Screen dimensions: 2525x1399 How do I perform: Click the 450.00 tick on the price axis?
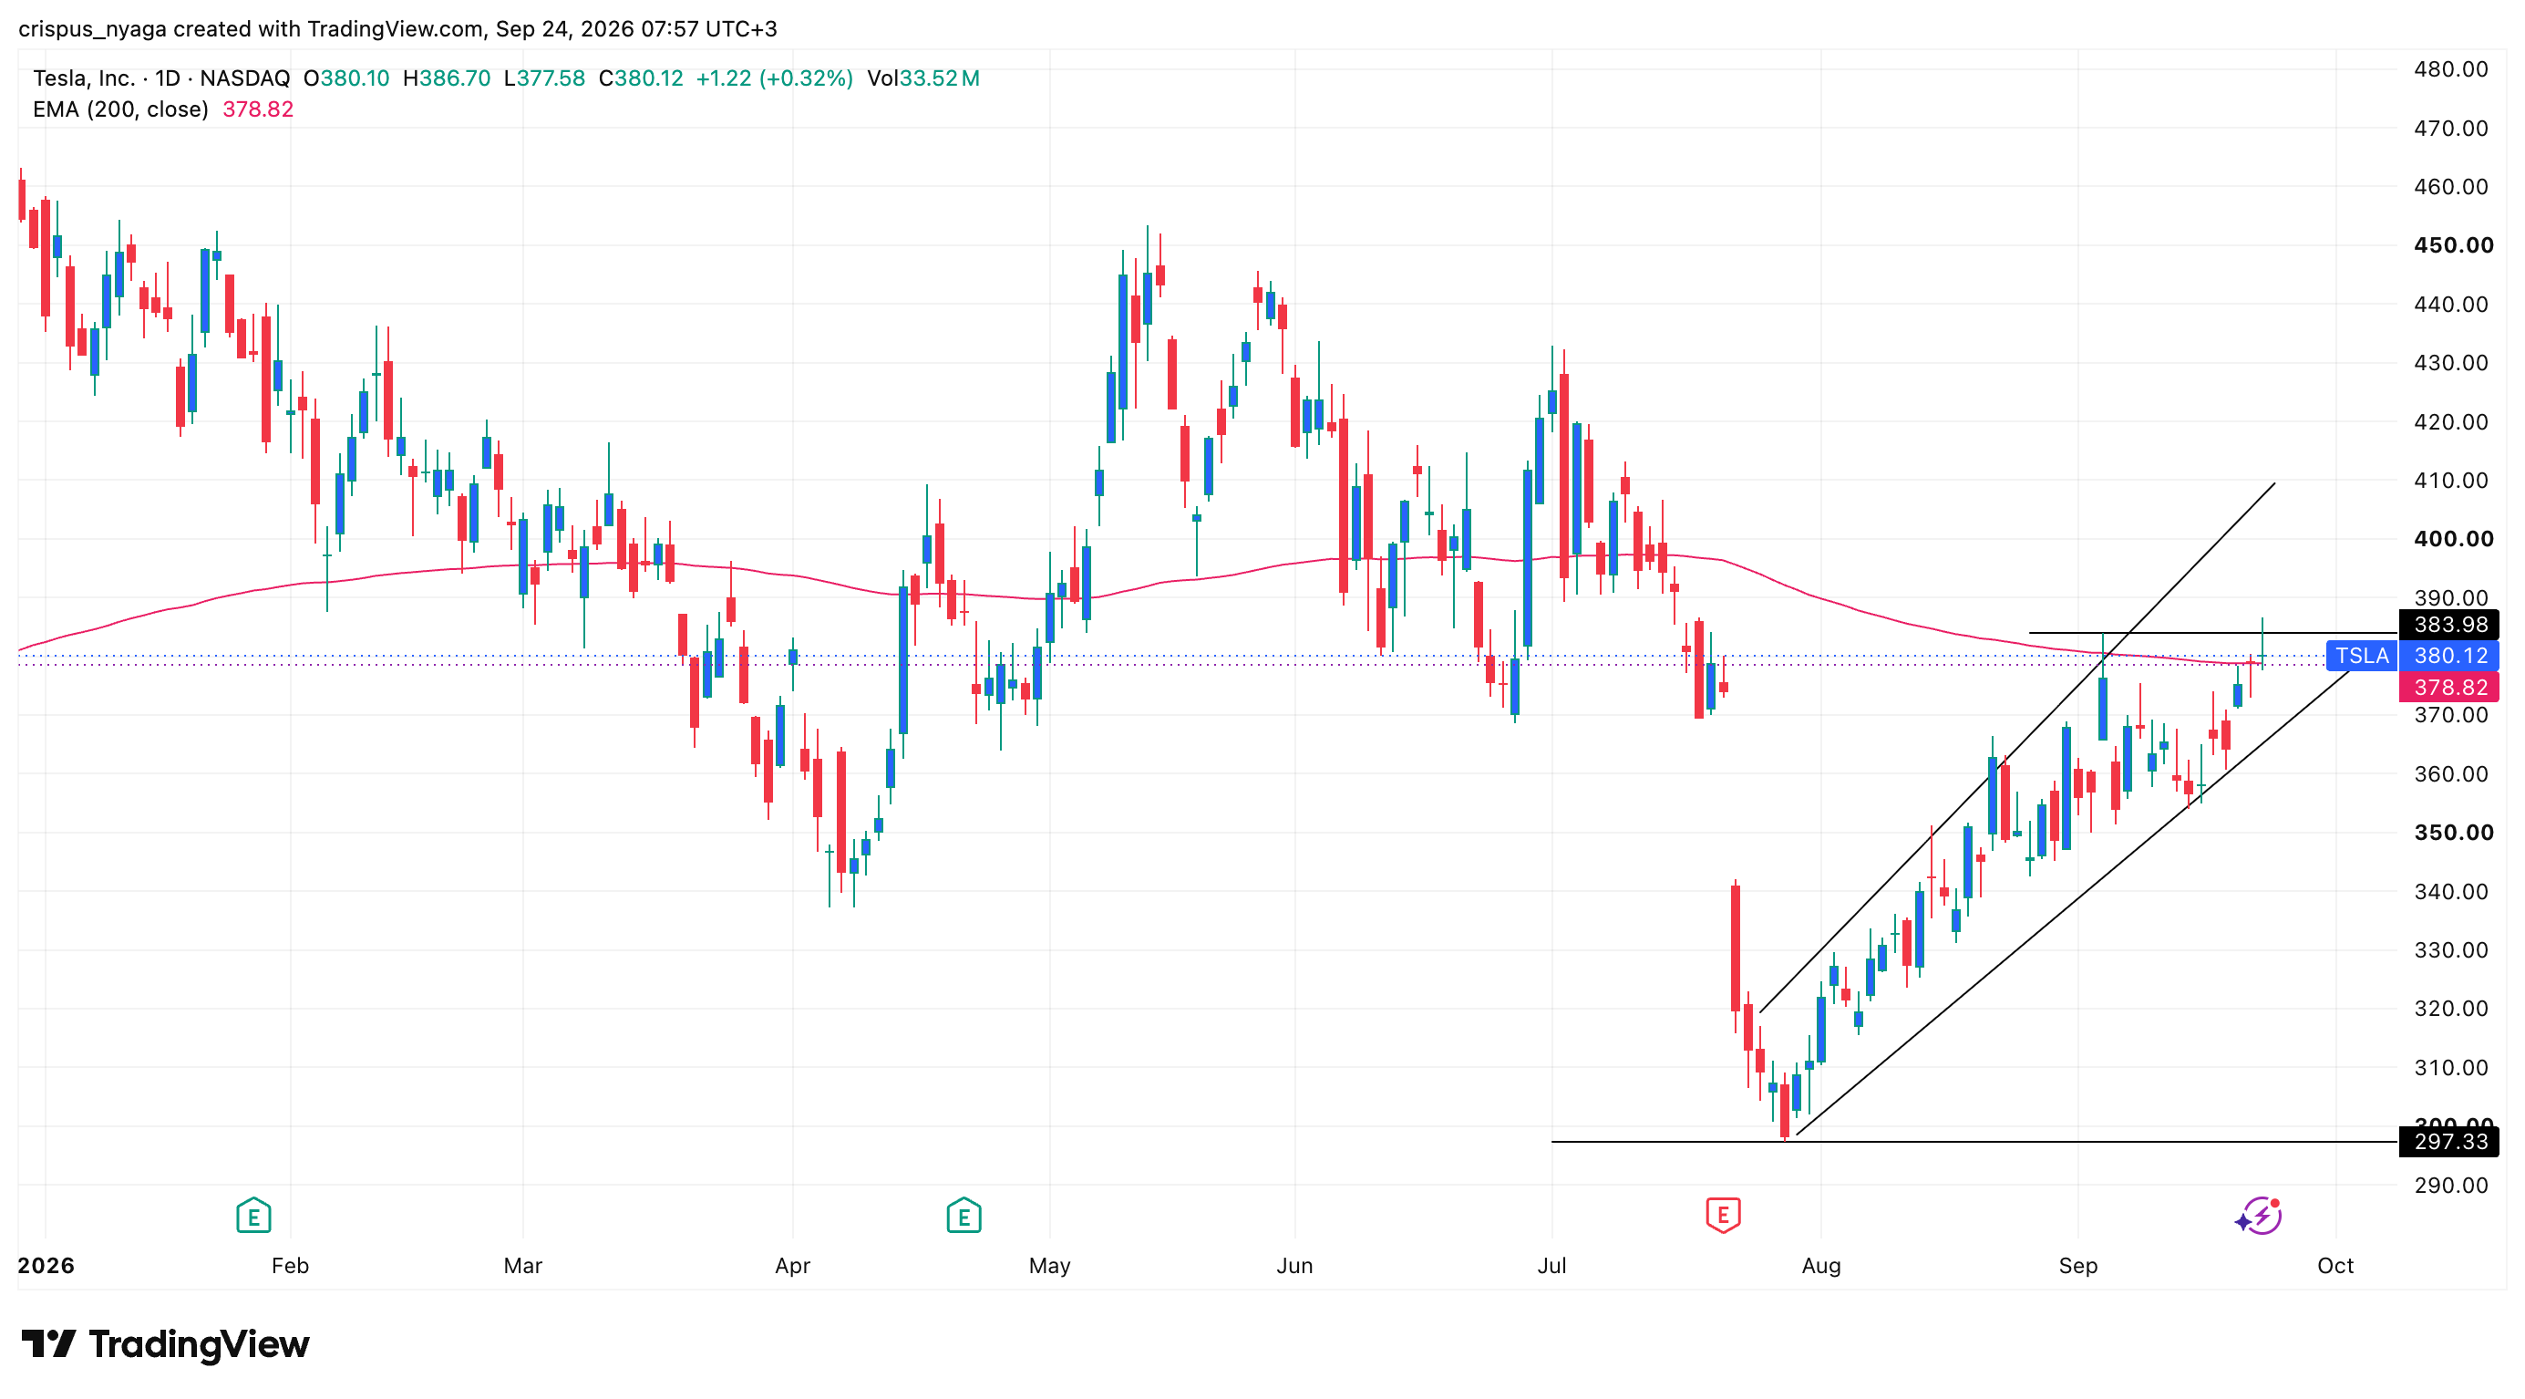point(2452,245)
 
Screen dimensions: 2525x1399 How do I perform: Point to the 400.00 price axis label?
point(2452,538)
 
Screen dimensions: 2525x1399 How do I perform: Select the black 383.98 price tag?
point(2449,625)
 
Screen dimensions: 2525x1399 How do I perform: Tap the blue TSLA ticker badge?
point(2361,655)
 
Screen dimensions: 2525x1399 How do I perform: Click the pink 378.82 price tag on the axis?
point(2449,688)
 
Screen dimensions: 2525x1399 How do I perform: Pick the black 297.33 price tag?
point(2449,1141)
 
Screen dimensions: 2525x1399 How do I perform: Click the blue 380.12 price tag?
point(2449,655)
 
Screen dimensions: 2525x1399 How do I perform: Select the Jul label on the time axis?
point(1551,1265)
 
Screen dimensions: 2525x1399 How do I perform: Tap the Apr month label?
point(792,1265)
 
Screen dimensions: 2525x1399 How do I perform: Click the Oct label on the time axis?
point(2334,1265)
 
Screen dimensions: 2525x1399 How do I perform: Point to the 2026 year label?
point(46,1265)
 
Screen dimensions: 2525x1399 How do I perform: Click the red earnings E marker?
point(1722,1215)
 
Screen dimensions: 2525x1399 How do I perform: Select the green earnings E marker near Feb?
point(254,1216)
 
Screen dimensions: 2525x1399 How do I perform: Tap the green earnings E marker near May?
point(964,1216)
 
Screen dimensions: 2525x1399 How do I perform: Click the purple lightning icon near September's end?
point(2259,1216)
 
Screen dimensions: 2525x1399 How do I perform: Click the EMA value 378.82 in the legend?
point(258,109)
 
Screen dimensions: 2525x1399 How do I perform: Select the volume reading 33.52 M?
point(939,78)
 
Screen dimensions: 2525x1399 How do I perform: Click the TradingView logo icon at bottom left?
point(48,1343)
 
